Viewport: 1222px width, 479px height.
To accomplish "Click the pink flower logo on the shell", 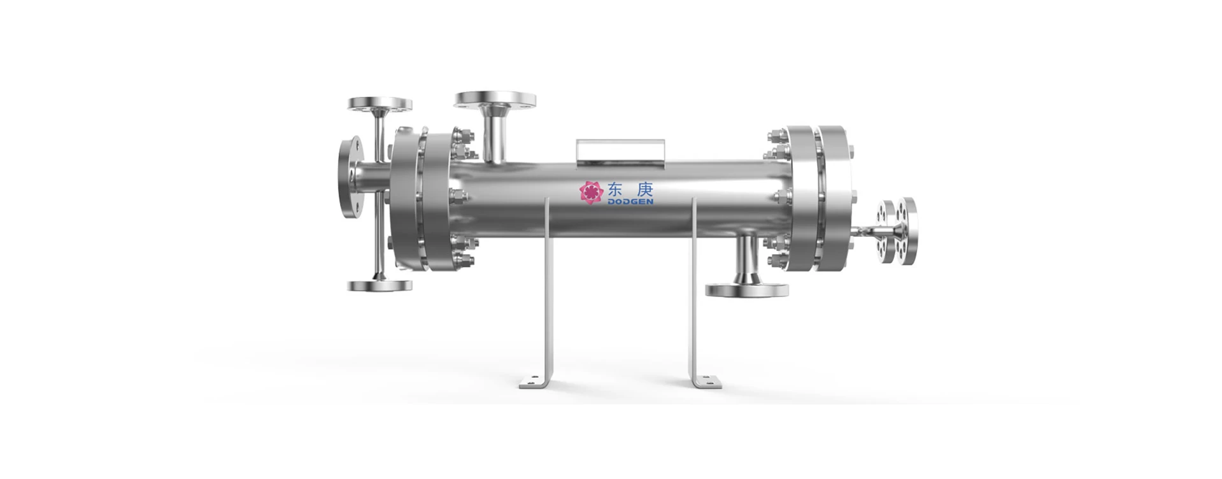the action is [591, 192].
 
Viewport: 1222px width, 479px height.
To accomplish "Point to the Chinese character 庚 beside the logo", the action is [644, 189].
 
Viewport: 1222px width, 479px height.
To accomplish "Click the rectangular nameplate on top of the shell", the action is [620, 155].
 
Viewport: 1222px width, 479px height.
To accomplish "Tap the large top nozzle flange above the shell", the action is [495, 99].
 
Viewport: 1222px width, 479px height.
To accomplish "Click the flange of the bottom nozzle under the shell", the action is [748, 290].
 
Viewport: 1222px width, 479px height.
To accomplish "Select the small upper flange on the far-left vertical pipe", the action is [380, 104].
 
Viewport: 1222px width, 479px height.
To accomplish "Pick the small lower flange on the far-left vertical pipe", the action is [380, 285].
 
